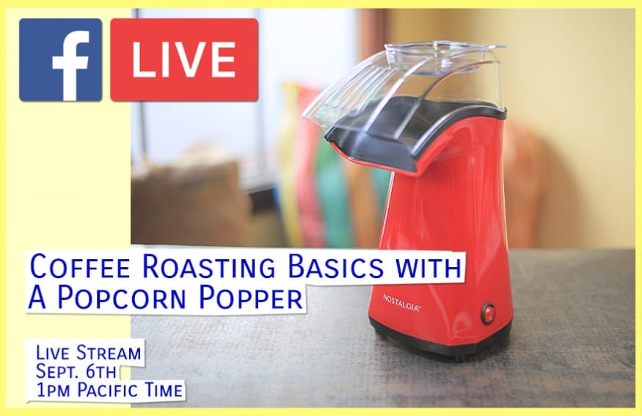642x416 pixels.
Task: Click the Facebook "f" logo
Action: click(x=61, y=59)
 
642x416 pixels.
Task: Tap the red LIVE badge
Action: click(x=184, y=59)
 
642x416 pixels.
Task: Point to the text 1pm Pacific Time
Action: click(x=109, y=390)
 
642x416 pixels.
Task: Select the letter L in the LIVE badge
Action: click(x=143, y=60)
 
